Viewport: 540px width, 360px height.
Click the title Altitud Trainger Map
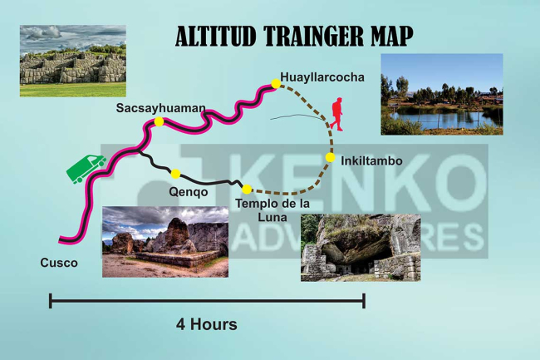[294, 37]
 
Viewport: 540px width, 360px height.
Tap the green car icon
[86, 168]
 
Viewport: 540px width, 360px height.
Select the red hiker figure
[336, 114]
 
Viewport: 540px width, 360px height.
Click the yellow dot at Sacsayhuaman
[159, 122]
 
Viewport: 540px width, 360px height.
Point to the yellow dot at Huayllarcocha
[276, 82]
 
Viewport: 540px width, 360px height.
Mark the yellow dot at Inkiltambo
[330, 157]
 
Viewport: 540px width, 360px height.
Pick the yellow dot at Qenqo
[175, 174]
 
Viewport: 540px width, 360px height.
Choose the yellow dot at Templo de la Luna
[246, 189]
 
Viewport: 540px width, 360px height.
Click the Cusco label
[58, 264]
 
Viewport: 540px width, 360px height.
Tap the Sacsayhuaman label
[160, 108]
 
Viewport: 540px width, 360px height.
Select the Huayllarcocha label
[322, 77]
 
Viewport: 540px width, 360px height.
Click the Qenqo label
[189, 192]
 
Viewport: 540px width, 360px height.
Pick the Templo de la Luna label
[272, 210]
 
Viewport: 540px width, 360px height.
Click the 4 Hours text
[206, 324]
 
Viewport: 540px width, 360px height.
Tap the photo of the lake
[441, 94]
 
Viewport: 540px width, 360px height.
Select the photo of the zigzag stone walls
[73, 60]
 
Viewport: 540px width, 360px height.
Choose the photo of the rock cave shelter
[360, 247]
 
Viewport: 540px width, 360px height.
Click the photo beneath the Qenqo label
[164, 241]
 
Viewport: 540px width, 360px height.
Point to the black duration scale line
[207, 301]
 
